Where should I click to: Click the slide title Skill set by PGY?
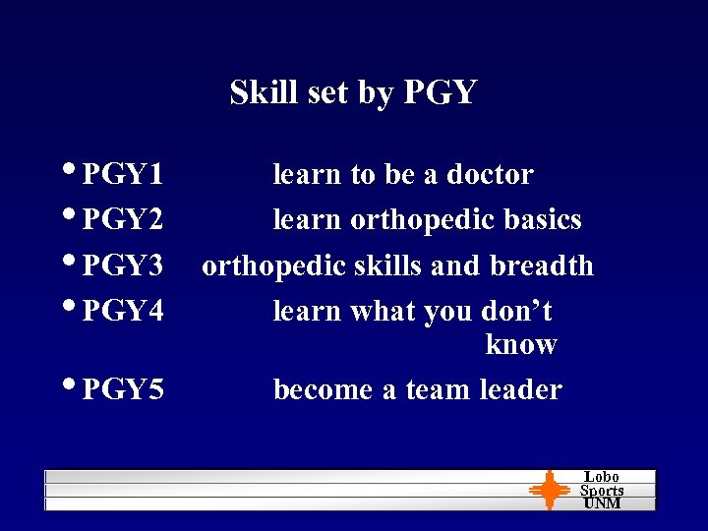coord(353,92)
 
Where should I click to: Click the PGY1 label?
coord(123,175)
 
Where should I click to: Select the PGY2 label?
coord(123,220)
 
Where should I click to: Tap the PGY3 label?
coord(123,266)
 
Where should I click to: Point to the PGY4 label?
coord(123,312)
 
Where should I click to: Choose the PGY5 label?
coord(123,390)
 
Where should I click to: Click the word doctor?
coord(490,175)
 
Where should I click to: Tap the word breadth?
coord(542,266)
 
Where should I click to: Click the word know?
coord(521,345)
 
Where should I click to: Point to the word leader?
coord(521,390)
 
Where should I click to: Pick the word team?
coord(438,390)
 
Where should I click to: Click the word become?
coord(323,390)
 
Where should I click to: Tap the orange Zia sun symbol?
coord(549,491)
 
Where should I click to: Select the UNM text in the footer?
coord(602,503)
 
